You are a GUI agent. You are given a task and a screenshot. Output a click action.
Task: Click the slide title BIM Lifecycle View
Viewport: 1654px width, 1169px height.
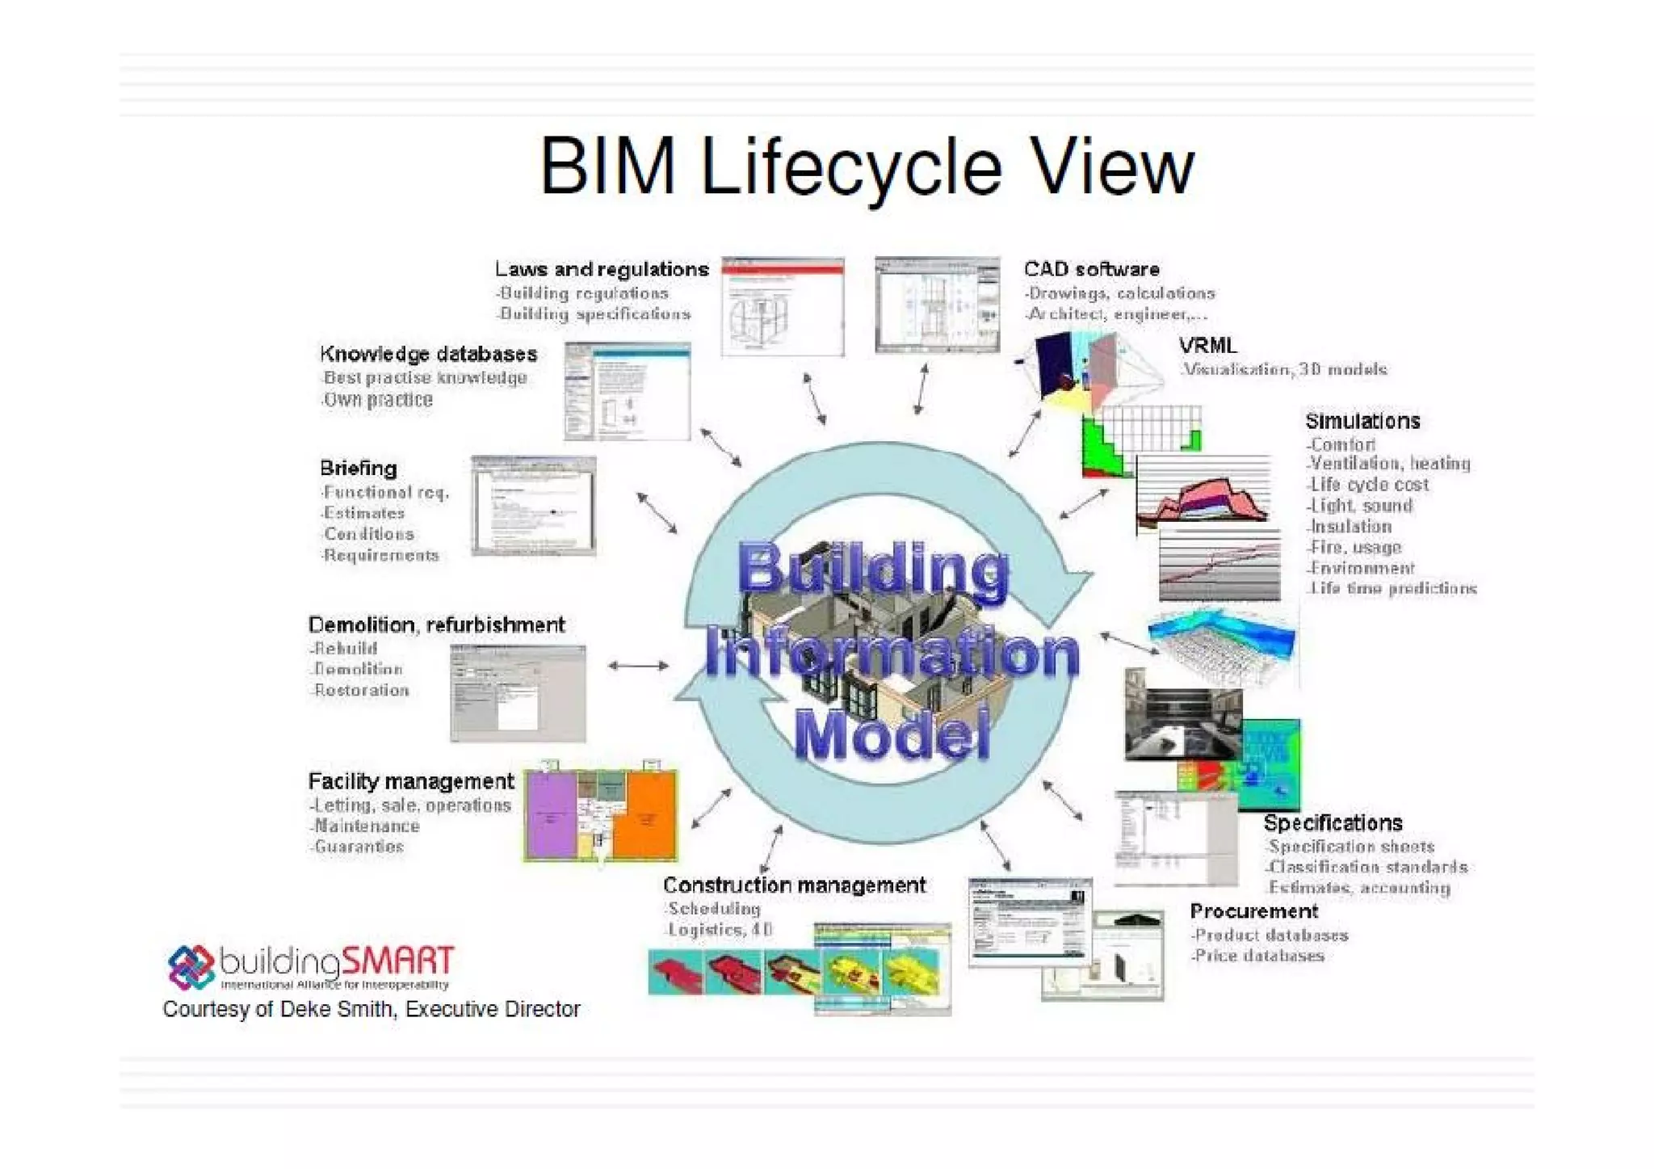867,167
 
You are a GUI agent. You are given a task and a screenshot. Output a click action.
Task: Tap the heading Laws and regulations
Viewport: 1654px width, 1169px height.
602,269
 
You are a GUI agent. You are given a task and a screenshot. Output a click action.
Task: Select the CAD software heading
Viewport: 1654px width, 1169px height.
1091,269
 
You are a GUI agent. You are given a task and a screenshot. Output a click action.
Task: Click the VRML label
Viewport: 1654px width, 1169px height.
1207,346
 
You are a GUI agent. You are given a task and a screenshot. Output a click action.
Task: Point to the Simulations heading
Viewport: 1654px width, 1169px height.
1362,421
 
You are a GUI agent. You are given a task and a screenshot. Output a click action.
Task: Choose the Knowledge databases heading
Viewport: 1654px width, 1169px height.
428,354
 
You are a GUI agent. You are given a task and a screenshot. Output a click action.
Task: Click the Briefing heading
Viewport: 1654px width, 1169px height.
358,469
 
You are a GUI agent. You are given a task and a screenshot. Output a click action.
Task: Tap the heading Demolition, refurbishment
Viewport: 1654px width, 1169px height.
436,624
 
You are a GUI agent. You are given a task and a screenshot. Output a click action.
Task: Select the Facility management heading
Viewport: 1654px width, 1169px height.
410,781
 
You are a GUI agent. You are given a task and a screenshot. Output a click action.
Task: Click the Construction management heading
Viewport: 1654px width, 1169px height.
794,885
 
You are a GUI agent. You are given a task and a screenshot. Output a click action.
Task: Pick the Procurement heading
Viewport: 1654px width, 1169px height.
1253,911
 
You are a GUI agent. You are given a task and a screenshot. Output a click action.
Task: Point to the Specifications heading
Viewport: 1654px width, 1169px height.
1333,823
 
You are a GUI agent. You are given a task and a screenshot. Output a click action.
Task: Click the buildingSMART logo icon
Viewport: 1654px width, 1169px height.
191,967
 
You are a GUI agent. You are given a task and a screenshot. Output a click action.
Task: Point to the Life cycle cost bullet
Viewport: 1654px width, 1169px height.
1369,485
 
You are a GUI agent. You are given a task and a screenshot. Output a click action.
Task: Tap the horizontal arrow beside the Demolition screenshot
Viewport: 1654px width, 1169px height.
638,666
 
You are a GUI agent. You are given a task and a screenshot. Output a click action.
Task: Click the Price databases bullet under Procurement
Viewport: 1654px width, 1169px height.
1258,956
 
